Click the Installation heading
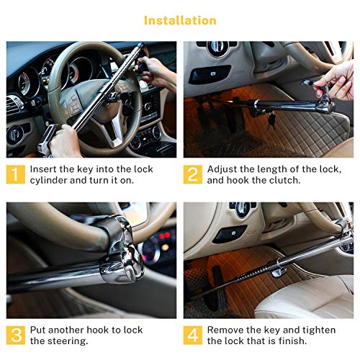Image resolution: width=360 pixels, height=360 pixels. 180,20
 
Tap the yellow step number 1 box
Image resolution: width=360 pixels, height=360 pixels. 16,174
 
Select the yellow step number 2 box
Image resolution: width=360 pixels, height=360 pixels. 193,174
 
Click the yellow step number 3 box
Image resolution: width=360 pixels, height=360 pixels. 16,336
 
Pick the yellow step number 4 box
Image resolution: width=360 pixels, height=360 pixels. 193,336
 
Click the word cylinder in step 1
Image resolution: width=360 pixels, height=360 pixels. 48,181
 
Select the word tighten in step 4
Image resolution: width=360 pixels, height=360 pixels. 319,330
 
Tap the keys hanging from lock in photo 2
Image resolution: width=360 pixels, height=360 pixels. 271,120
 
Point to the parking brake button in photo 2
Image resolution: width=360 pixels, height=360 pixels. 210,74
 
